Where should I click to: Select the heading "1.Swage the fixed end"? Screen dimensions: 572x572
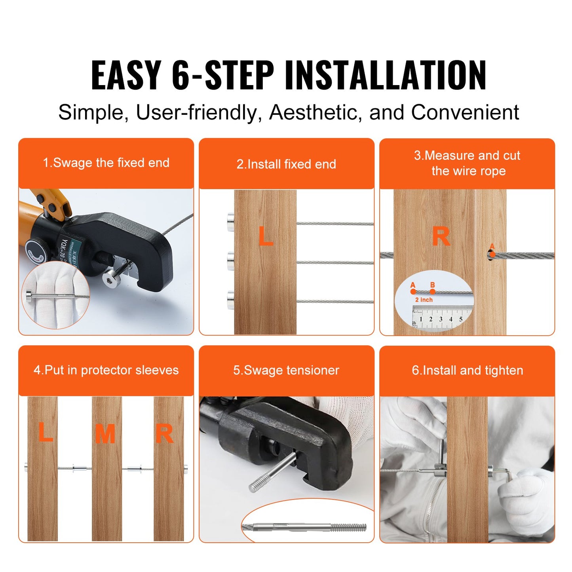(106, 163)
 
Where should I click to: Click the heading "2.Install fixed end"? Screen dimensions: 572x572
(286, 164)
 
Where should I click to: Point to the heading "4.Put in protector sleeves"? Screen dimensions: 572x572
(106, 370)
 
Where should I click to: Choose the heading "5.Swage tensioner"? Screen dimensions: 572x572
(286, 370)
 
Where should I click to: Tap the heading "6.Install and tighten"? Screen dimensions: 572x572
(467, 370)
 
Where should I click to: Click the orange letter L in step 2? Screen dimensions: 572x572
(266, 236)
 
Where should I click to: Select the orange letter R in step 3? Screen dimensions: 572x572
(441, 236)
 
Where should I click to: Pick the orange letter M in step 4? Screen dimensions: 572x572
(105, 434)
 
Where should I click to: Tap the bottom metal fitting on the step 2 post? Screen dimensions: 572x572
(230, 300)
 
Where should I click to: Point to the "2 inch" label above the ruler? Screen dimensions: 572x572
(424, 300)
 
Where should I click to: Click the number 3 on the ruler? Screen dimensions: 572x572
(441, 319)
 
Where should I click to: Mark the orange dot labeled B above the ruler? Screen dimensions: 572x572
(432, 291)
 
